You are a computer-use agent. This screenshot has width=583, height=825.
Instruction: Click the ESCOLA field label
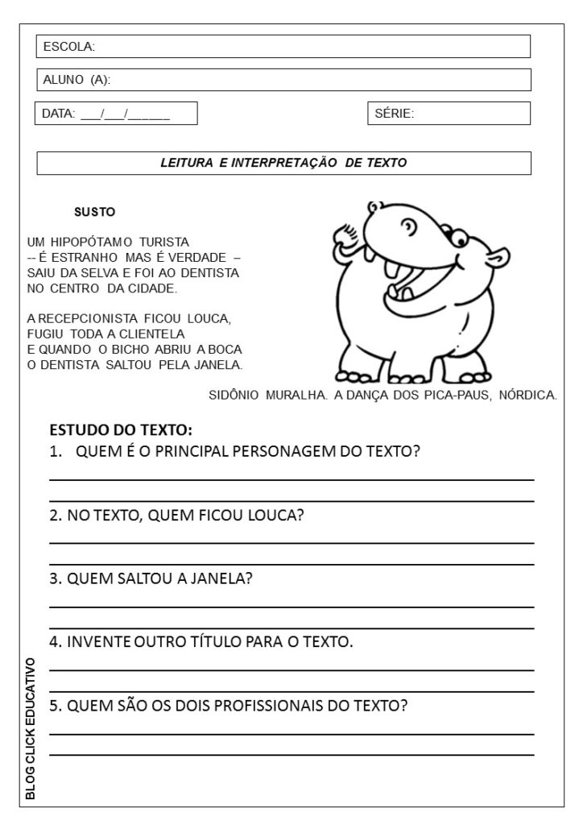pos(69,47)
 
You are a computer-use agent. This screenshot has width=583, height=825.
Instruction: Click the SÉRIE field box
pos(449,114)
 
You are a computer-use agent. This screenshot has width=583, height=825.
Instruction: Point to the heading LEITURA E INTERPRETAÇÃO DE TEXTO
pos(283,163)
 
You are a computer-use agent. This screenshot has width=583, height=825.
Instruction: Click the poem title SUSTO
pos(94,213)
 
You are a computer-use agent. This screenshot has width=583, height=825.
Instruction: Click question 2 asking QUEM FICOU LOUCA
pos(176,515)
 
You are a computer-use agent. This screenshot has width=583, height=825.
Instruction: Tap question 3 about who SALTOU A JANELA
pos(151,578)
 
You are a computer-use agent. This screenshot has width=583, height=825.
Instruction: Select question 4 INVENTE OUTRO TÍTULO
pos(201,642)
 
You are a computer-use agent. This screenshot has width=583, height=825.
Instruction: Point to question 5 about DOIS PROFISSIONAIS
pos(229,706)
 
